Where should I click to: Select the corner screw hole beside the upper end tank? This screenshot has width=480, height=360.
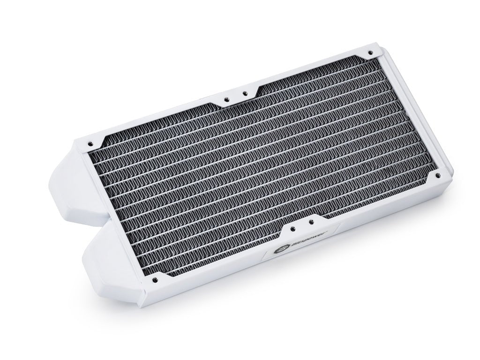point(88,141)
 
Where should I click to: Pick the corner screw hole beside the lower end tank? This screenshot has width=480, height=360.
point(155,281)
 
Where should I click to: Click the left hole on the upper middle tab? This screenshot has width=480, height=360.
point(226,99)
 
